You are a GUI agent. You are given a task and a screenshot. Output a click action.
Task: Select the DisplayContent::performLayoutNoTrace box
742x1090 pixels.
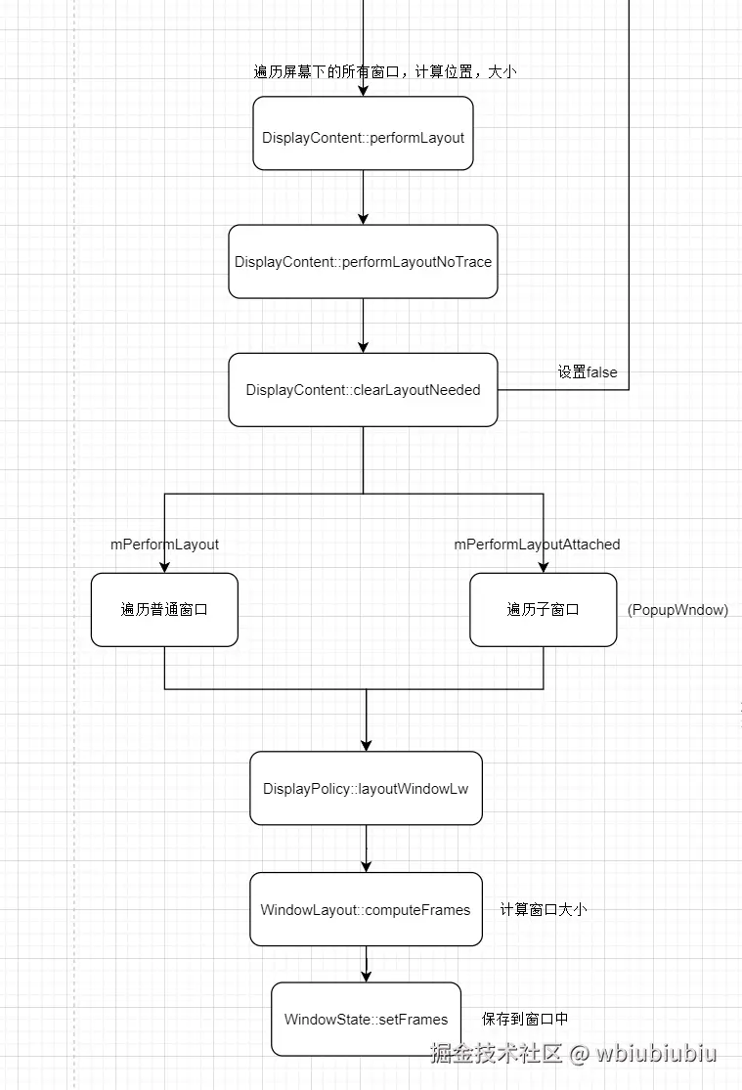(363, 262)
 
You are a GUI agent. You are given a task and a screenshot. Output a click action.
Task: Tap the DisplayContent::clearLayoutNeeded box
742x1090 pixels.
(363, 390)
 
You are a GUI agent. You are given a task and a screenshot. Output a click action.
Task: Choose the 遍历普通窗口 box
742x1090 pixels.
(164, 610)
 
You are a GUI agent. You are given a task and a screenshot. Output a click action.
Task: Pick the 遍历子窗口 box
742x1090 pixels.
(543, 610)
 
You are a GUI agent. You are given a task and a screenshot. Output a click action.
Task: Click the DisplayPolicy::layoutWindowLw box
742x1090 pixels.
(366, 788)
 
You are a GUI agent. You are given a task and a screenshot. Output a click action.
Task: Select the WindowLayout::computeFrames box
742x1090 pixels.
(366, 910)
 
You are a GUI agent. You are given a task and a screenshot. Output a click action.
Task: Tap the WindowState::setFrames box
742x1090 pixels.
(366, 1019)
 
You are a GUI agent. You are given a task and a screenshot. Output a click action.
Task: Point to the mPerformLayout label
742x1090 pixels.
(164, 545)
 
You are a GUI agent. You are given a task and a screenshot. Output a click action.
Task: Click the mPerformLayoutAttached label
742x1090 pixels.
(537, 545)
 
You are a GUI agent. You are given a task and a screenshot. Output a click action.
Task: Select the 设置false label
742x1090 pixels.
(587, 372)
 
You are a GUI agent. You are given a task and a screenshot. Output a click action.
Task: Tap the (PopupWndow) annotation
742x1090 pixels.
(677, 610)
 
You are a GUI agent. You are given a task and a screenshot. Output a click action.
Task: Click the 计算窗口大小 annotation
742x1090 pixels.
(543, 910)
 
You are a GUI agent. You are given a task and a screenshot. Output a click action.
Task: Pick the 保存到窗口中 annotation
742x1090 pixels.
(525, 1019)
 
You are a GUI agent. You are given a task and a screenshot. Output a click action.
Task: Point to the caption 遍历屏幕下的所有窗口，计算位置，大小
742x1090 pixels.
(384, 72)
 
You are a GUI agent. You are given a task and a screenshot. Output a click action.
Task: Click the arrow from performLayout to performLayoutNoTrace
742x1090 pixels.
(363, 198)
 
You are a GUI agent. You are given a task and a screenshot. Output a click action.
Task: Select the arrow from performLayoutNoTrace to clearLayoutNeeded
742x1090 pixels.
(363, 326)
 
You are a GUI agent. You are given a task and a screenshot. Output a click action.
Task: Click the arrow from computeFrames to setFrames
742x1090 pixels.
(366, 964)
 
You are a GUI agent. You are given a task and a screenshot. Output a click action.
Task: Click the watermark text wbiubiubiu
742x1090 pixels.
(657, 1054)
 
